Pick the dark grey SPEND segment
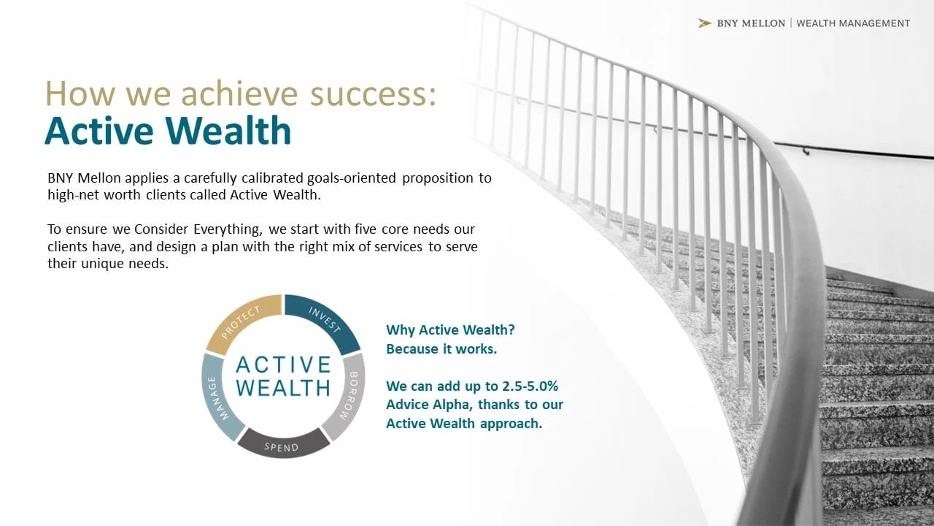pos(283,445)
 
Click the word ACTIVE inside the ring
pos(284,365)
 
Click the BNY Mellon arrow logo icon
pos(705,23)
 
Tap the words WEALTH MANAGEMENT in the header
pos(853,23)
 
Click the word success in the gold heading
pos(373,94)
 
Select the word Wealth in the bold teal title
pos(228,131)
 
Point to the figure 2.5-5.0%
pos(530,386)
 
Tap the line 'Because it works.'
pos(441,349)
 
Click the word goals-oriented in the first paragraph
pos(352,178)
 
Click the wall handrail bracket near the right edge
pos(806,150)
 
